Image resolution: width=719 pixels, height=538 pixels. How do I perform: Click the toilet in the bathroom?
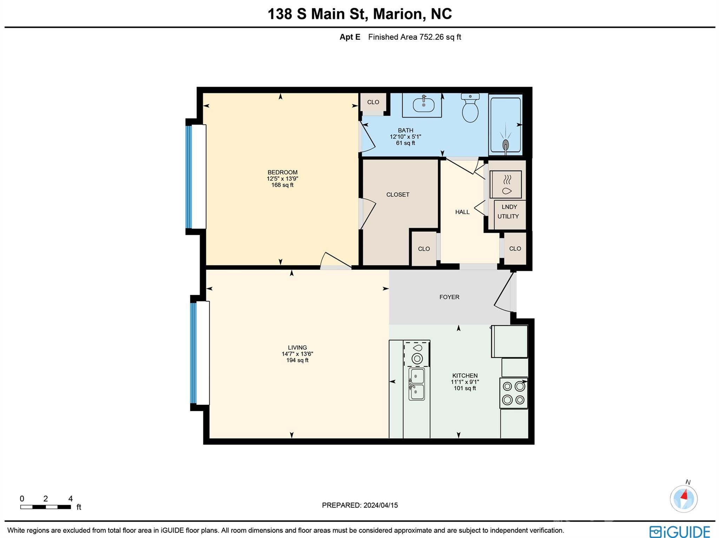click(x=470, y=108)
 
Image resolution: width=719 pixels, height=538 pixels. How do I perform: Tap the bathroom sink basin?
click(x=424, y=105)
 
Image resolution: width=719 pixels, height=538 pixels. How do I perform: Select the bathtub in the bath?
click(x=506, y=125)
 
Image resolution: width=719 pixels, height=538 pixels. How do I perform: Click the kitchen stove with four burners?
click(x=514, y=393)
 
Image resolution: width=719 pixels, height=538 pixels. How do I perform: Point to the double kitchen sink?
click(x=417, y=384)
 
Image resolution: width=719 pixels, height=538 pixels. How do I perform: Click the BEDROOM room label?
click(x=282, y=172)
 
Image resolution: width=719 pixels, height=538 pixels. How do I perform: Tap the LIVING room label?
click(x=297, y=347)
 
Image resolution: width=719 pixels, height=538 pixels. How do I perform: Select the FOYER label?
click(x=449, y=297)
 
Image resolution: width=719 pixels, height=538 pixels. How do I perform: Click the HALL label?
click(x=462, y=212)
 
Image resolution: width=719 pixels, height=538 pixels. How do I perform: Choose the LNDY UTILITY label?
click(x=509, y=212)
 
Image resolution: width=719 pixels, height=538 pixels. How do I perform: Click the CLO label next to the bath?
click(x=373, y=102)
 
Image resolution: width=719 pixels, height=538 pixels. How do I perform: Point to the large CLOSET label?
click(x=398, y=195)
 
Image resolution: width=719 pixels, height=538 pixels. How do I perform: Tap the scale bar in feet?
click(x=46, y=507)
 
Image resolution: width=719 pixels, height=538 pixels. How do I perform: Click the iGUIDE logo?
click(x=680, y=531)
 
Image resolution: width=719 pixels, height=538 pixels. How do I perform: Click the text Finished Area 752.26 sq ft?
click(x=414, y=37)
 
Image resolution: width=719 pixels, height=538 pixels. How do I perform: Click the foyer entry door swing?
click(x=504, y=293)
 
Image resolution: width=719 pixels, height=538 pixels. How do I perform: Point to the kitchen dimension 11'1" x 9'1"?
click(x=465, y=382)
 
